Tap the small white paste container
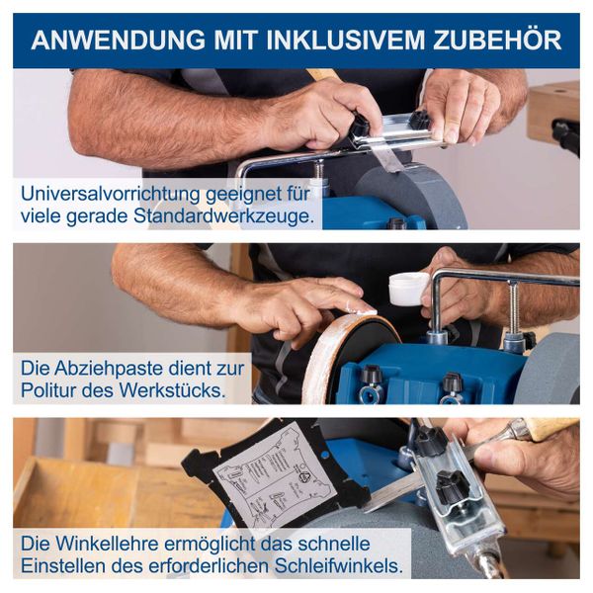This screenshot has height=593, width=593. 408,289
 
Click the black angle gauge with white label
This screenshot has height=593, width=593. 277,474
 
